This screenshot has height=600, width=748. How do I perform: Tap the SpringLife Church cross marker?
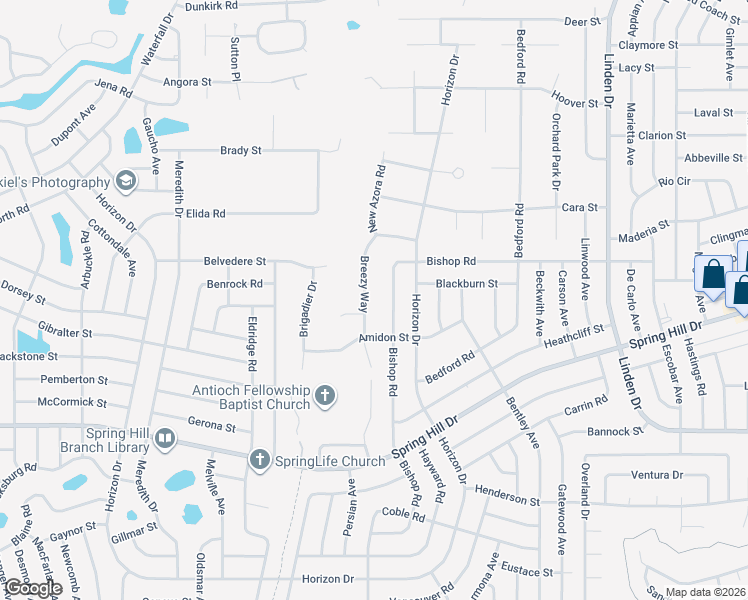click(259, 461)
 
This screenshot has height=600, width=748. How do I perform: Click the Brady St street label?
click(240, 151)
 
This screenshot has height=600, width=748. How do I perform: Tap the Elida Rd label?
click(205, 213)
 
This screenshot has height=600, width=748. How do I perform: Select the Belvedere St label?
click(234, 260)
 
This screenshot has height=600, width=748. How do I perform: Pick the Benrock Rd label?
click(234, 284)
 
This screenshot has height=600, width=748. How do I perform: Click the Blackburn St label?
click(466, 284)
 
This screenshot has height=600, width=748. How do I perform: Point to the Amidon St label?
click(384, 340)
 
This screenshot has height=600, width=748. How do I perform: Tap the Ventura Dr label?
click(657, 475)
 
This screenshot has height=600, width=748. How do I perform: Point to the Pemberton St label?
click(73, 380)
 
